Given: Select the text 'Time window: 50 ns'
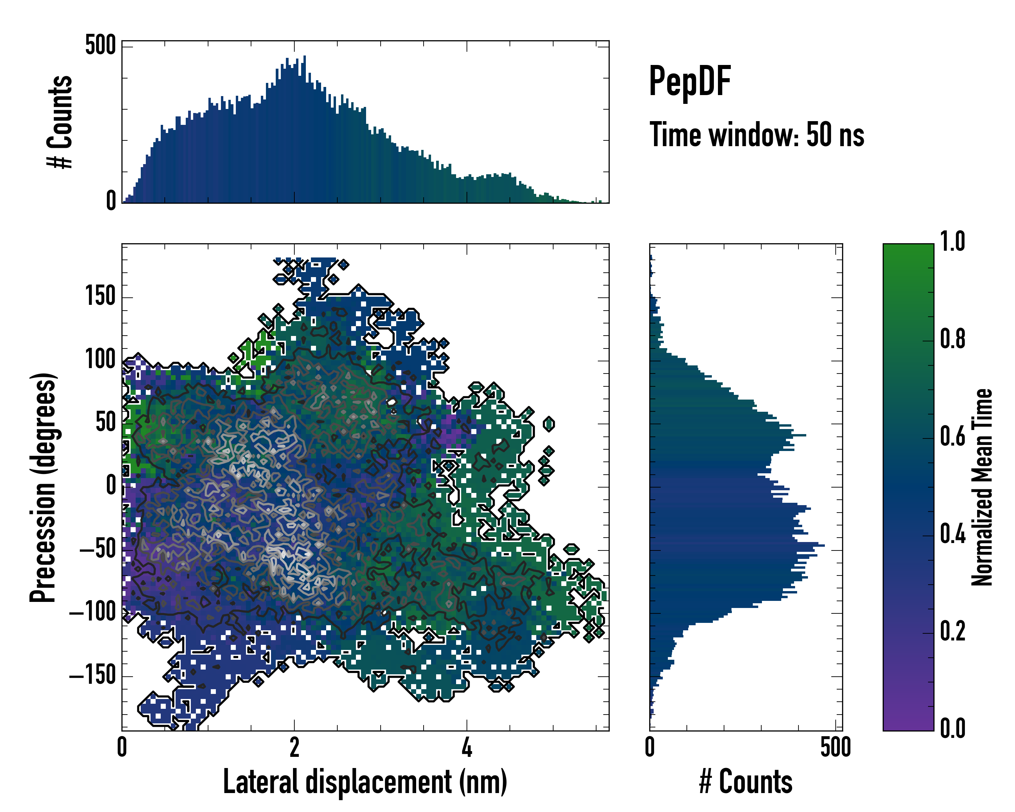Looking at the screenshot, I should [x=757, y=135].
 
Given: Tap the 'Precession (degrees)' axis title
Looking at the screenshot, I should [x=43, y=487].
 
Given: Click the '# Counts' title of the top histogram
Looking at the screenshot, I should [x=60, y=122].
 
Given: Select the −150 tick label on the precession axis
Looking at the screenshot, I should [x=93, y=676].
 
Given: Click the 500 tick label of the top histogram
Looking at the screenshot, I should [x=100, y=46].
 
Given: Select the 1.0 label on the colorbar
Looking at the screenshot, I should [x=952, y=242].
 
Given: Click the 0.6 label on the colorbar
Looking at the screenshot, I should [x=952, y=436].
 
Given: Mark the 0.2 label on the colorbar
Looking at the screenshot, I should [x=952, y=631].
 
